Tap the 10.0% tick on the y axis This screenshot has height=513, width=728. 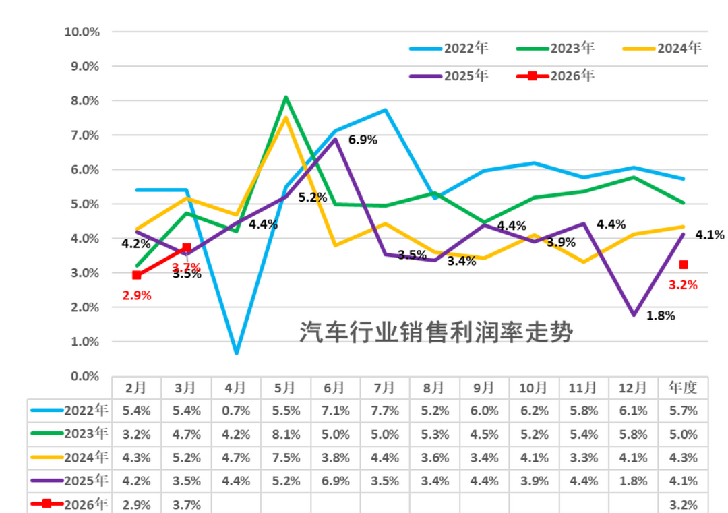[x=82, y=32]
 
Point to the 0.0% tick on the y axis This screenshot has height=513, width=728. [x=84, y=376]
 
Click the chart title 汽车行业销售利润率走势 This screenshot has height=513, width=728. [x=435, y=332]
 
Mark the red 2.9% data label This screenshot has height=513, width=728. [x=136, y=295]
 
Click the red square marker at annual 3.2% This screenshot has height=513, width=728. [x=684, y=265]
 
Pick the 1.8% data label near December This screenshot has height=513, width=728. [x=661, y=315]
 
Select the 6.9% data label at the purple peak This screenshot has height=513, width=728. [x=363, y=140]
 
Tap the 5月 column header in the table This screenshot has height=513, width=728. [x=285, y=388]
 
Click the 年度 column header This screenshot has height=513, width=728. [x=684, y=388]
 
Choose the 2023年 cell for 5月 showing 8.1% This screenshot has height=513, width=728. [x=285, y=433]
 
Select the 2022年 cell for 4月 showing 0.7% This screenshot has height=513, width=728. [x=235, y=410]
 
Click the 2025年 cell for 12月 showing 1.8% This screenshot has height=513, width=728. [x=634, y=481]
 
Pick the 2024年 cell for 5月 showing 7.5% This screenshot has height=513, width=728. [x=285, y=457]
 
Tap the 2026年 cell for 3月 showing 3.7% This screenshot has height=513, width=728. [x=186, y=504]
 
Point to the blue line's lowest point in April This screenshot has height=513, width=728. [x=236, y=353]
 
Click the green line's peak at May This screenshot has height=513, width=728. [x=286, y=97]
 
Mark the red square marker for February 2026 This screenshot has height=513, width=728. [x=137, y=275]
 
